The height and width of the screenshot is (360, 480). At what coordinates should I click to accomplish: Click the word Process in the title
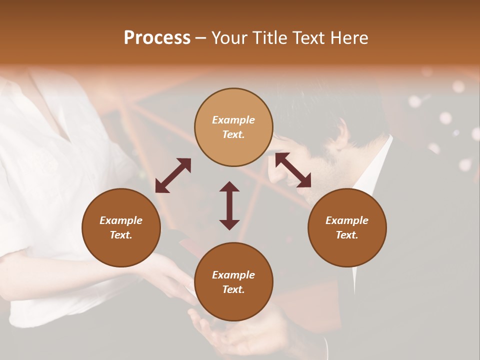157,37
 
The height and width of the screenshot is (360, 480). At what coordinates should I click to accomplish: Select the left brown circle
121,245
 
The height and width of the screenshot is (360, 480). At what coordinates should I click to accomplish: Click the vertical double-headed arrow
229,205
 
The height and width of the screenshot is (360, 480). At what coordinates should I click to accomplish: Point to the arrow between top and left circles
173,175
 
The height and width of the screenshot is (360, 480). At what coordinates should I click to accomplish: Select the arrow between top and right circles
293,170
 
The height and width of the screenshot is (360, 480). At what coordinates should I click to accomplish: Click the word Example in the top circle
233,120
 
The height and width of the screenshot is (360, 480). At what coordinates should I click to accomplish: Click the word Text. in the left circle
121,235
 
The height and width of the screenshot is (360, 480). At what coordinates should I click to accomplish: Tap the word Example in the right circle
347,220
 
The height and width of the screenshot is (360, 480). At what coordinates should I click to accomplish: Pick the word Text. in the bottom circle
233,289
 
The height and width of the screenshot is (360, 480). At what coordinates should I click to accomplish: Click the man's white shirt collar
372,170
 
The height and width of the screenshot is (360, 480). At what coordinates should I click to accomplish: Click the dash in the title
200,38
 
